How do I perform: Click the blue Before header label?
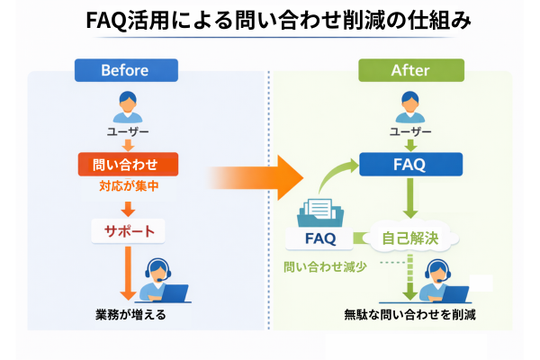click(127, 70)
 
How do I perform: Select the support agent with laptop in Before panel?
click(165, 282)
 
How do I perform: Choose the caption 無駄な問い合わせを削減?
click(409, 317)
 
